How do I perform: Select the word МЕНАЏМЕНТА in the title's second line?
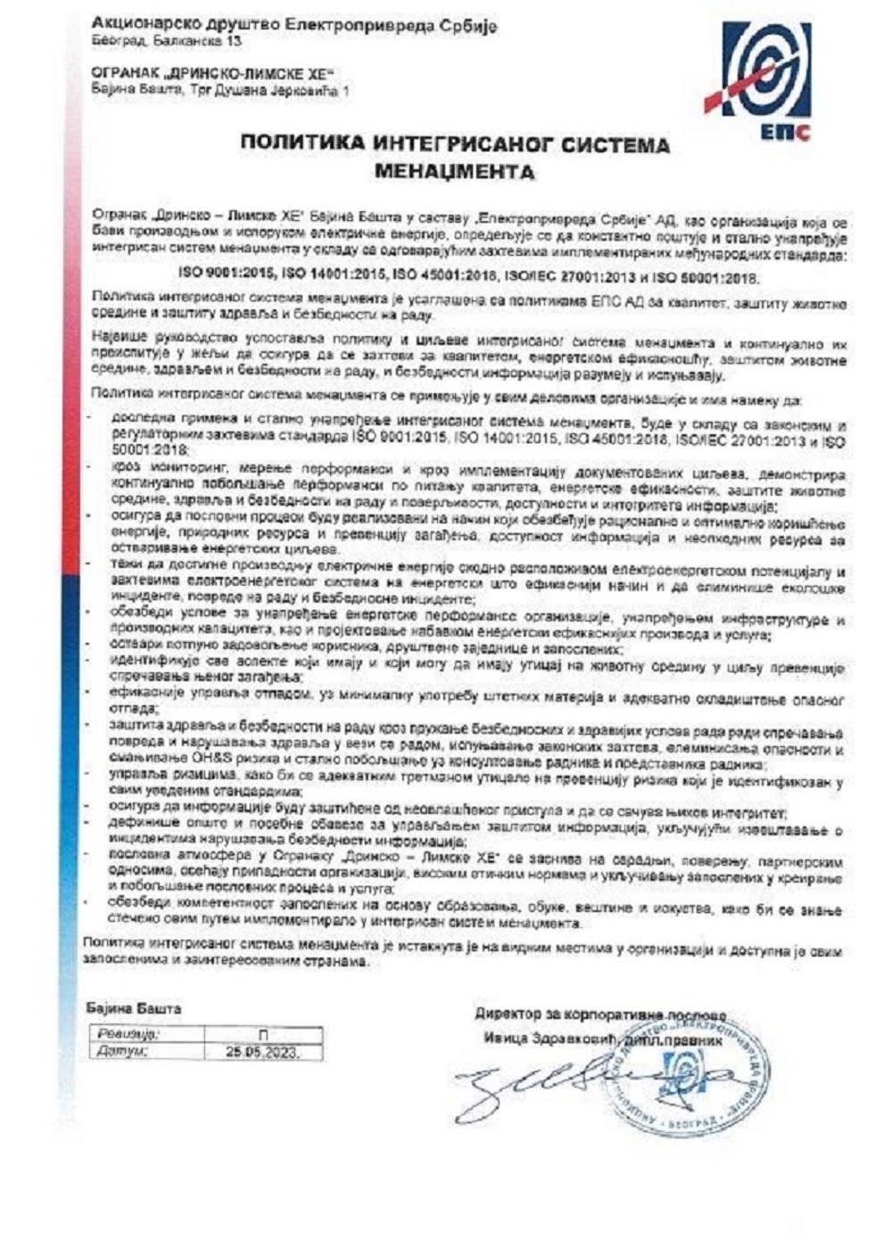pyautogui.click(x=455, y=169)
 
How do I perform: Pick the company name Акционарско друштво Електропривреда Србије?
pyautogui.click(x=294, y=26)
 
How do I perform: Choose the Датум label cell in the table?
pyautogui.click(x=124, y=1051)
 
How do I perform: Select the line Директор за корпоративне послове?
pyautogui.click(x=600, y=1014)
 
